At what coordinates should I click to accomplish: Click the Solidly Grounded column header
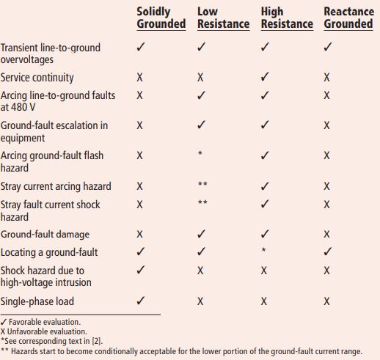point(161,18)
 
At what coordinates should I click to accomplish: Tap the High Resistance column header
point(287,18)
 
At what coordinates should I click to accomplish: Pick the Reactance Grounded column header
point(348,18)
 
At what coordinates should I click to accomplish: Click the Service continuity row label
point(37,77)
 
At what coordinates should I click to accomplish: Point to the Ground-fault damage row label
point(45,235)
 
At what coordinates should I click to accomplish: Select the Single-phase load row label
point(37,301)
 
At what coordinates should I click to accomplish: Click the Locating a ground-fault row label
point(48,252)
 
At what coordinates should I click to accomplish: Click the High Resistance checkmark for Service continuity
point(265,77)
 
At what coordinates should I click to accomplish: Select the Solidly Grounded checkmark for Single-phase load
point(140,301)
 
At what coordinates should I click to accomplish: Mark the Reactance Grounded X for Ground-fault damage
point(327,235)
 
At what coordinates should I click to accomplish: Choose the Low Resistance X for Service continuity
point(201,77)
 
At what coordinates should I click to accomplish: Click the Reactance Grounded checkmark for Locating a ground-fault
point(327,252)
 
